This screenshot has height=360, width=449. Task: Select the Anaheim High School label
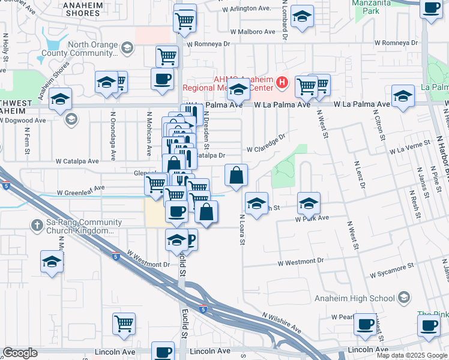[355, 298]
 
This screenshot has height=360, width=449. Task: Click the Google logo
[20, 353]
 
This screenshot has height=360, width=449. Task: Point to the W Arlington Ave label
[246, 9]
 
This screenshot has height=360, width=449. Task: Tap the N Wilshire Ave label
[281, 323]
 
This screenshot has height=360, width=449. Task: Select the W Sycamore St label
[393, 269]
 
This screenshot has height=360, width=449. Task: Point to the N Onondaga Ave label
[113, 136]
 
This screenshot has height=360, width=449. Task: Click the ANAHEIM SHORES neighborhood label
[82, 8]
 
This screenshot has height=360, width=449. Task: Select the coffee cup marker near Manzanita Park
[431, 8]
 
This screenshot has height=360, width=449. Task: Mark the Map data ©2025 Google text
[411, 355]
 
